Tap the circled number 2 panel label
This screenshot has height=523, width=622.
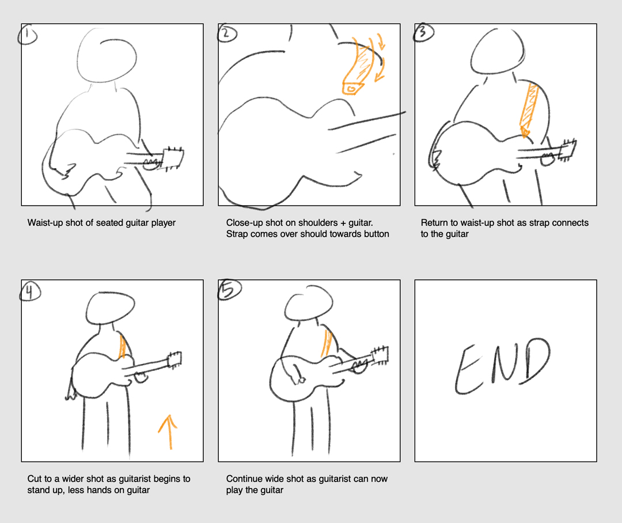click(225, 34)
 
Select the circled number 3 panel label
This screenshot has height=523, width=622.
click(422, 33)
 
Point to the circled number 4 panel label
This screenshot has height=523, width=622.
click(29, 292)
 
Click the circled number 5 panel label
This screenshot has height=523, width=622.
click(226, 291)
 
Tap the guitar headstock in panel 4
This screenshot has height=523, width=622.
click(175, 359)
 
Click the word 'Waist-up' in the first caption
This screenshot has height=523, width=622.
click(45, 223)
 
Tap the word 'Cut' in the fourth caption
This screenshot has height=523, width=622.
click(35, 479)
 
